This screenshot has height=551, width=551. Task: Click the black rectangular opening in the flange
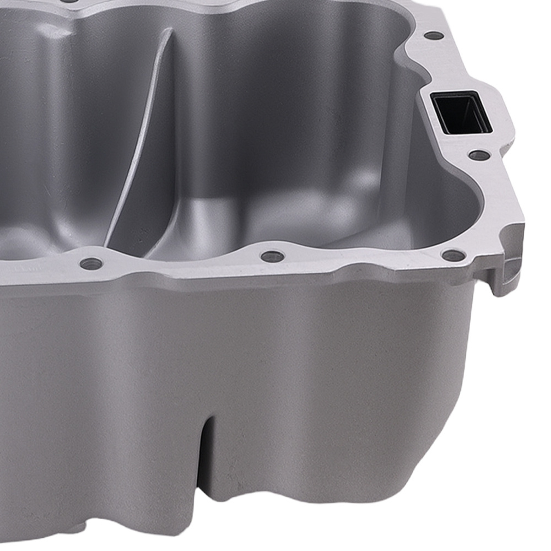click(462, 112)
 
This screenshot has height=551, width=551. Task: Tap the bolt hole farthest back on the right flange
click(434, 36)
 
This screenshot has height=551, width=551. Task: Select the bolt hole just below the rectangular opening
click(478, 155)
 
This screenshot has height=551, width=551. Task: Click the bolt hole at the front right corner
click(452, 255)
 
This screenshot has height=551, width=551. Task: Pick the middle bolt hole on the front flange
click(272, 256)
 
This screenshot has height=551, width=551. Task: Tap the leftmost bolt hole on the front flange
click(91, 263)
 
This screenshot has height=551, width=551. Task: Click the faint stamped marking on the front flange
click(22, 271)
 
